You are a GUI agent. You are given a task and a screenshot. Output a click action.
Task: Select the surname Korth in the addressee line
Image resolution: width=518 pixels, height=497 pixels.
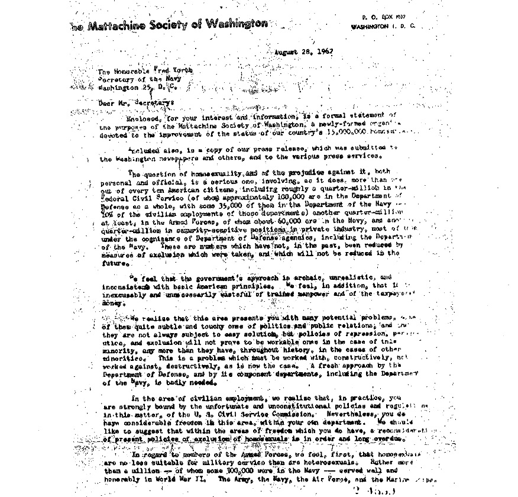pyautogui.click(x=181, y=71)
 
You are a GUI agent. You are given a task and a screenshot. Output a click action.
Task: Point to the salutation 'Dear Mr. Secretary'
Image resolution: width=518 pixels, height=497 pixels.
pyautogui.click(x=137, y=103)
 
